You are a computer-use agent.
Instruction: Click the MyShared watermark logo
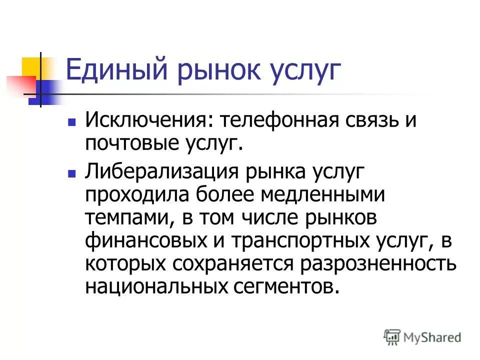[x=422, y=337]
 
